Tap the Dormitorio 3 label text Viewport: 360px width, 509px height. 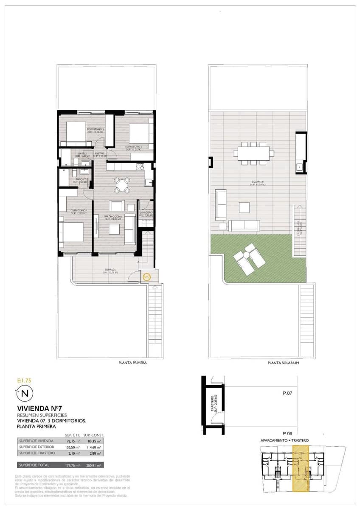pos(96,129)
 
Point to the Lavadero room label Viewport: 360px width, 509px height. pos(146,213)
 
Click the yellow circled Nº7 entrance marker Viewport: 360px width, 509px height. pos(147,277)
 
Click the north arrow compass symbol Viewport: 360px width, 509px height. pos(24,394)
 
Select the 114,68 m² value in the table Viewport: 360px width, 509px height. pos(93,447)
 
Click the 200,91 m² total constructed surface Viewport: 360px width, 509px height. pos(93,465)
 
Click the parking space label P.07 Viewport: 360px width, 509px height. pos(288,393)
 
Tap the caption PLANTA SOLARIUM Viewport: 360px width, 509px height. pos(284,363)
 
